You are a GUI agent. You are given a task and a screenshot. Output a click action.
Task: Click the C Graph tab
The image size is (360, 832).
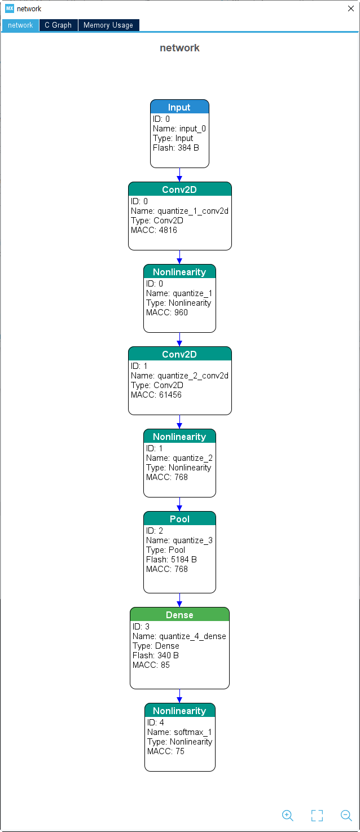[x=58, y=25]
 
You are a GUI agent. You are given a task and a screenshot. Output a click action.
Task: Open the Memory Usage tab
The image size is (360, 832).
[x=108, y=25]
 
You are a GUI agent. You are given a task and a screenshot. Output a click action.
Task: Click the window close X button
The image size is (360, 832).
[x=351, y=8]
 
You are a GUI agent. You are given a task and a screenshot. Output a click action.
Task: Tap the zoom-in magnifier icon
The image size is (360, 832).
[x=288, y=815]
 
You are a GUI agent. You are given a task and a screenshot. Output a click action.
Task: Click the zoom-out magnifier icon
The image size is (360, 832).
[x=346, y=815]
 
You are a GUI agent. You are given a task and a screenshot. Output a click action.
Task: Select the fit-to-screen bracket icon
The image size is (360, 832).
[x=317, y=815]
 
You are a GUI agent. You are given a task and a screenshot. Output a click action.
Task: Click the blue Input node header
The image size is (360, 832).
[x=179, y=107]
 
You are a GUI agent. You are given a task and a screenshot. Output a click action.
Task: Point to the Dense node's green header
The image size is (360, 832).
[x=179, y=615]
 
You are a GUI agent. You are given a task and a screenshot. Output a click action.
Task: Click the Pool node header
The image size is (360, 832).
[x=179, y=519]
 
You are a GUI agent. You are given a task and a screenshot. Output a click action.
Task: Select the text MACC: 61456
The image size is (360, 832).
[x=156, y=395]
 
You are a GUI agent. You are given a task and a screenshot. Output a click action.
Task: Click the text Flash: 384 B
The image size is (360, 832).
[x=175, y=148]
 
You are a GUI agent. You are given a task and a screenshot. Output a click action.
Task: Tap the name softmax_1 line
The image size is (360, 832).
[x=179, y=732]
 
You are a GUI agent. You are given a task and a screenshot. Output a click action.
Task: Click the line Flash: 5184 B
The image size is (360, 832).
[x=172, y=560]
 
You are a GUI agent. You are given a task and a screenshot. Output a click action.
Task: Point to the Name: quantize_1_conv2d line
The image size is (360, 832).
[x=179, y=211]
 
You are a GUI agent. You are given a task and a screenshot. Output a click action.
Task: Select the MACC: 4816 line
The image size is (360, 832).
[x=154, y=230]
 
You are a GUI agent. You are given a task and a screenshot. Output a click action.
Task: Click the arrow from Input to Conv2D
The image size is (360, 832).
[x=179, y=174]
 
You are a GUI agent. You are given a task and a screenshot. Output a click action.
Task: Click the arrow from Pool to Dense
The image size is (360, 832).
[x=179, y=600]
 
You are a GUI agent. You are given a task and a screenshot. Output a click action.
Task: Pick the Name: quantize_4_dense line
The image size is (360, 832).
[x=179, y=636]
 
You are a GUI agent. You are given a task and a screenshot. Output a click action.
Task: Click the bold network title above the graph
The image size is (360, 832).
[x=179, y=48]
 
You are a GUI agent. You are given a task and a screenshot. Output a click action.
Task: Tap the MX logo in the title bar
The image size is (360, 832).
[x=9, y=8]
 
